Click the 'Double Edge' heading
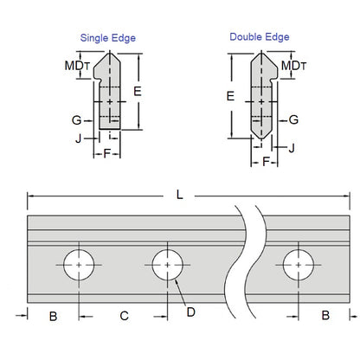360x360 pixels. click(259, 36)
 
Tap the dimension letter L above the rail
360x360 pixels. click(179, 196)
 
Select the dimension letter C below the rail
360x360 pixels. click(124, 317)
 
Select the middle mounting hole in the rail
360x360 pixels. click(167, 263)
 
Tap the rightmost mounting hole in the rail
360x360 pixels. click(298, 263)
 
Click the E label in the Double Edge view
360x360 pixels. click(229, 98)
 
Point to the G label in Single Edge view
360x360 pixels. click(76, 120)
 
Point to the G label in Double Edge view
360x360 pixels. click(294, 119)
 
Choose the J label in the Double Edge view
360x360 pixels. click(292, 148)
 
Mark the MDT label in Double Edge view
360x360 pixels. click(294, 65)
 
